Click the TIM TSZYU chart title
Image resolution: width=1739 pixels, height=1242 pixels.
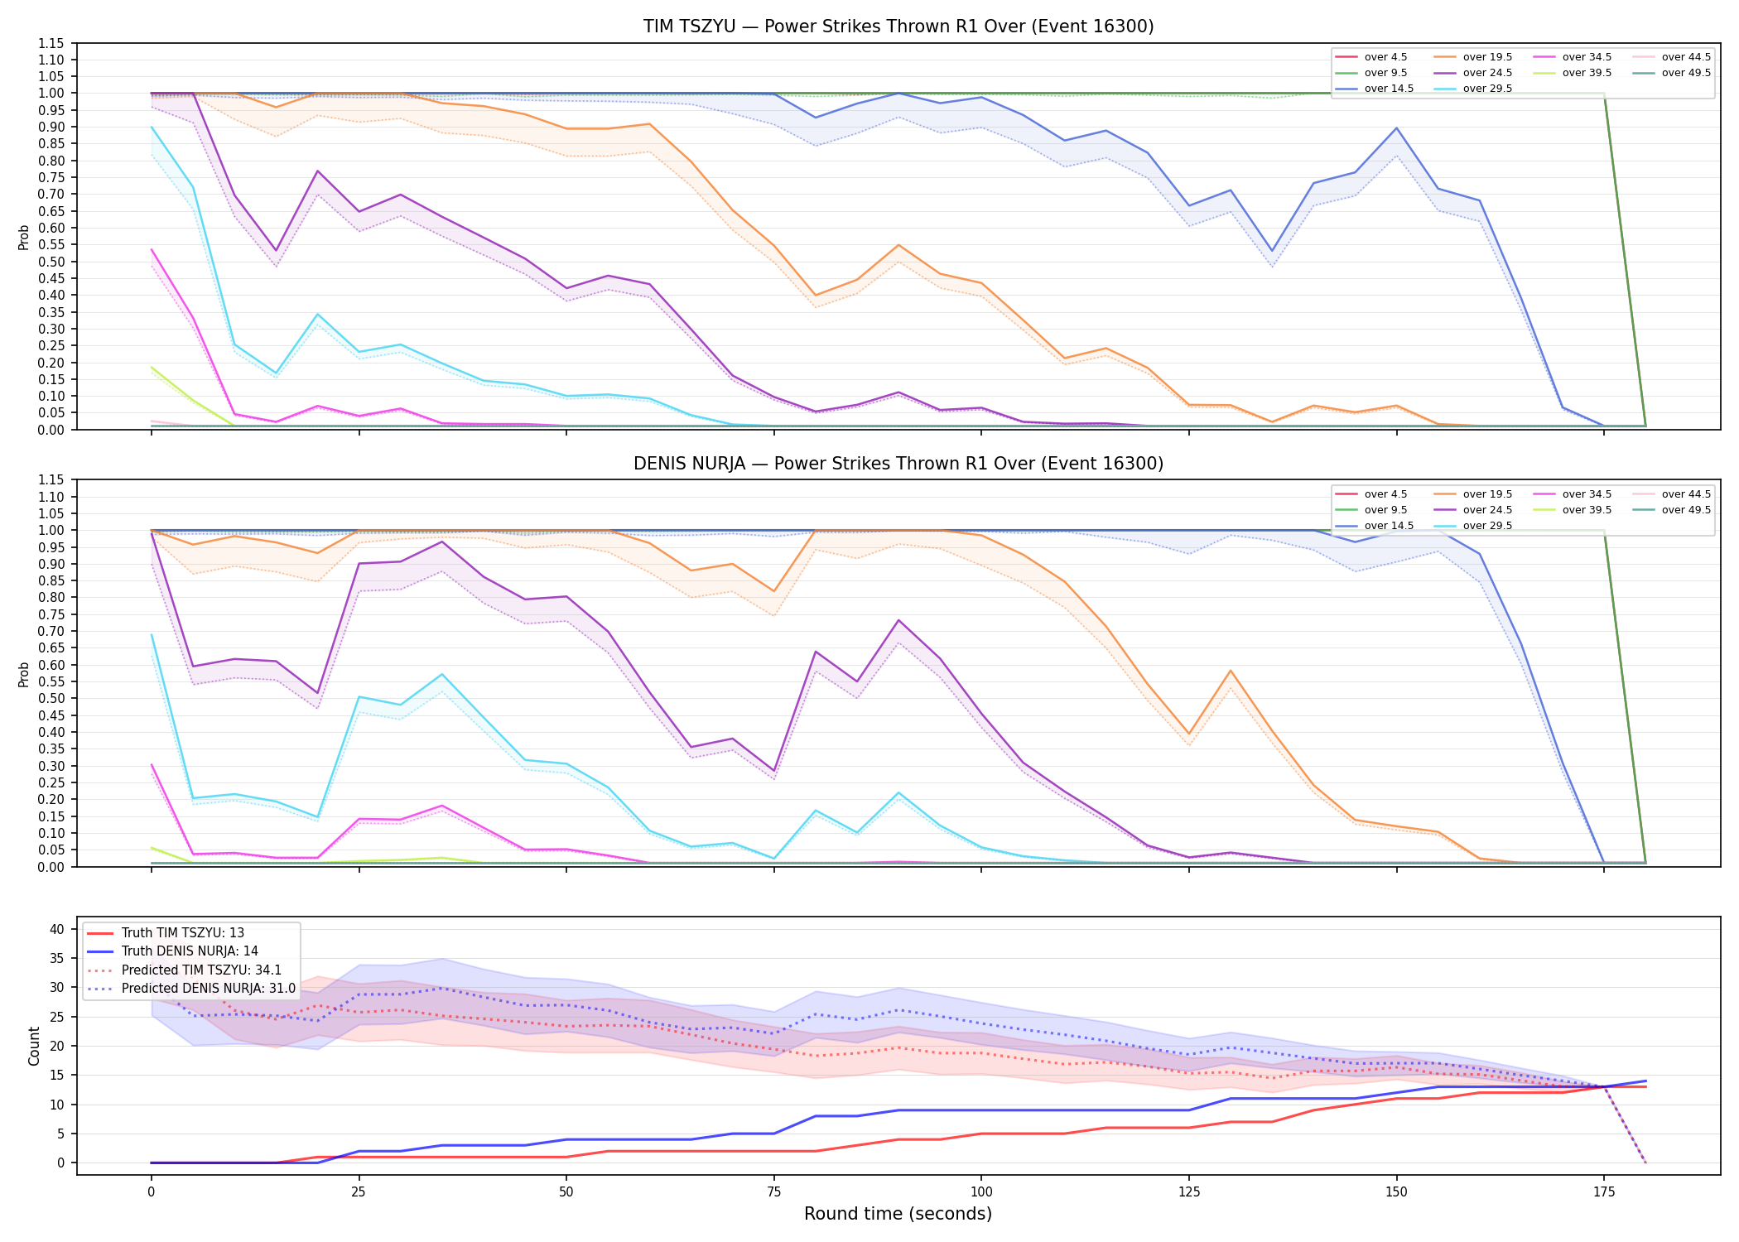[x=898, y=26]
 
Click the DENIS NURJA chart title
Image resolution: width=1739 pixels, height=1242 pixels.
[x=898, y=464]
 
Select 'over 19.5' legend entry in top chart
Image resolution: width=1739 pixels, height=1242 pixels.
[x=1473, y=57]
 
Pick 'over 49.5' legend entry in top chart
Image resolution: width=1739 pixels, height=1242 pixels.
[x=1672, y=73]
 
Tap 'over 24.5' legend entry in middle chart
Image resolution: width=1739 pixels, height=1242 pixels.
[x=1473, y=510]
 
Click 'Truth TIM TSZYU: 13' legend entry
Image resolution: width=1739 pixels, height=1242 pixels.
[x=166, y=933]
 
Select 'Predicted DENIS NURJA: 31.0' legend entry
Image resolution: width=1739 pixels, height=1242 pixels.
[x=191, y=989]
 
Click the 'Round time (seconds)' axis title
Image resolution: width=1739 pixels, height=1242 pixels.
[x=898, y=1214]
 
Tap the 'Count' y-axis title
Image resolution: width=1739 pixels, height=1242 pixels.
[x=34, y=1046]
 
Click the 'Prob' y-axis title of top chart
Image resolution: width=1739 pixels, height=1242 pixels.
[x=24, y=237]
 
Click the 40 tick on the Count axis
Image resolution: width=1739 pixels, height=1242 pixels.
[x=57, y=929]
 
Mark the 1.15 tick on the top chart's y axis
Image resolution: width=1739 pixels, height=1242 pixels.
[x=51, y=43]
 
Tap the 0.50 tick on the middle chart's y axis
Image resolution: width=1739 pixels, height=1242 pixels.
[x=51, y=699]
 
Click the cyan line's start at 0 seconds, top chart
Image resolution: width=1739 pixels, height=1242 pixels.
[x=152, y=127]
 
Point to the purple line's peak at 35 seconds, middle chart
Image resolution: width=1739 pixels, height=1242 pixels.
[x=442, y=542]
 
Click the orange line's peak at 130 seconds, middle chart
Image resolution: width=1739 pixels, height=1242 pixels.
[x=1231, y=671]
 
